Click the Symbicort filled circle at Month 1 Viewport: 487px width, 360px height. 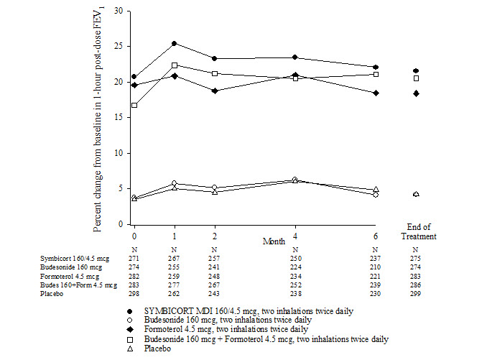pyautogui.click(x=174, y=44)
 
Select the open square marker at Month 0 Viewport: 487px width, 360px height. pyautogui.click(x=134, y=106)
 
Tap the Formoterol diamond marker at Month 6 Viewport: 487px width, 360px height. pyautogui.click(x=375, y=93)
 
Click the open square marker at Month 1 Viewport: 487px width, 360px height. pyautogui.click(x=174, y=65)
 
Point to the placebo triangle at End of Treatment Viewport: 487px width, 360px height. pyautogui.click(x=416, y=194)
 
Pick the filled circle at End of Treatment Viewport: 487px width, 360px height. pyautogui.click(x=416, y=70)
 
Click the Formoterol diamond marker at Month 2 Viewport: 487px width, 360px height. pyautogui.click(x=214, y=91)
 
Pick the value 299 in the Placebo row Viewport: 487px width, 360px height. pyautogui.click(x=416, y=294)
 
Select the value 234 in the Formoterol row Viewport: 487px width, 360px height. pyautogui.click(x=294, y=275)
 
